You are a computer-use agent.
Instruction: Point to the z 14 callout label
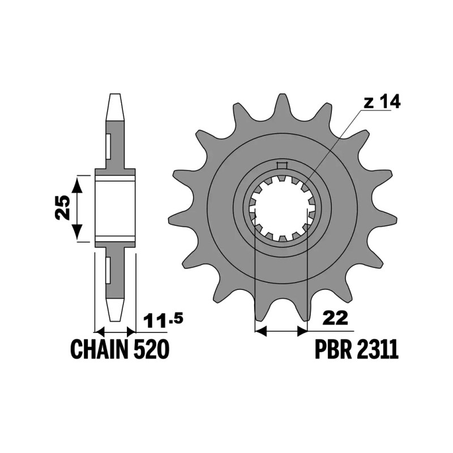[382, 102]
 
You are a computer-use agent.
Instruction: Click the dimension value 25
[62, 208]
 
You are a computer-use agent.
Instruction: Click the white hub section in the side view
[116, 208]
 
